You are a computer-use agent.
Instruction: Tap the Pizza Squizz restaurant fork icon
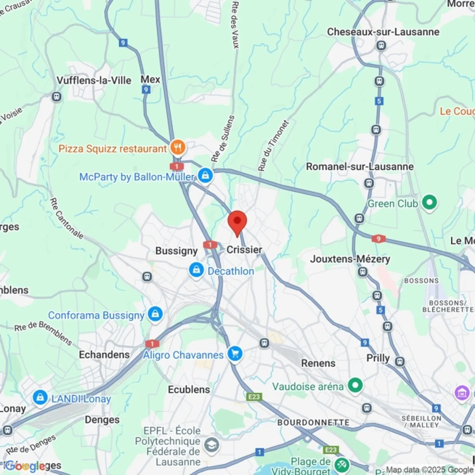tap(178, 147)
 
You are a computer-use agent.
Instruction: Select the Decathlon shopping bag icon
tap(196, 270)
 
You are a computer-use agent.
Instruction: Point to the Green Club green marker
tap(429, 202)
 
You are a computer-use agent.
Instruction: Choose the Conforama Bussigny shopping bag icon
tap(155, 314)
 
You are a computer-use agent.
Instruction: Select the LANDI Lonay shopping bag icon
tap(40, 398)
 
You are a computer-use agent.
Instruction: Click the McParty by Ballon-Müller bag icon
tap(205, 175)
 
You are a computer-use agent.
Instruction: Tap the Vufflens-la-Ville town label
tap(94, 80)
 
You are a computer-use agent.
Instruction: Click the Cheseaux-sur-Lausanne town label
tap(383, 32)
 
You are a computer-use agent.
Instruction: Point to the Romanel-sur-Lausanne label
tap(360, 167)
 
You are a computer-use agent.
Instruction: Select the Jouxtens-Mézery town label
tap(350, 259)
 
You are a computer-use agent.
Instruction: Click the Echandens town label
tap(104, 355)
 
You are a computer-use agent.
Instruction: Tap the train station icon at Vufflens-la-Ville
tap(57, 97)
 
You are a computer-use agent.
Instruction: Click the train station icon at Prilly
tap(400, 362)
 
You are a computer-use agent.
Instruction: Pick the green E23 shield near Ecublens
tap(254, 397)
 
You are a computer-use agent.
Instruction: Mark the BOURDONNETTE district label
tap(313, 423)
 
